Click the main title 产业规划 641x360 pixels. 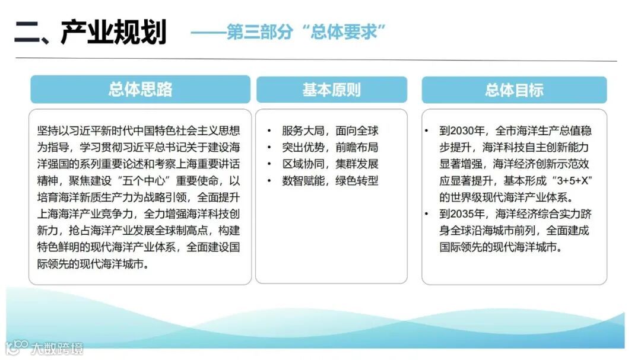pyautogui.click(x=113, y=33)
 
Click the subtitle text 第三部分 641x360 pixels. pyautogui.click(x=260, y=33)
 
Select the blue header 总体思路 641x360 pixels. pyautogui.click(x=140, y=90)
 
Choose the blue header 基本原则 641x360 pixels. pyautogui.click(x=331, y=90)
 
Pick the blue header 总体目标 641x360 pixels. pyautogui.click(x=514, y=90)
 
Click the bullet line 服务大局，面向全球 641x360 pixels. pyautogui.click(x=329, y=131)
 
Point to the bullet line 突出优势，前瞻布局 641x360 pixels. pyautogui.click(x=329, y=148)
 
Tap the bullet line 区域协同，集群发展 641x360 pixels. pyautogui.click(x=329, y=164)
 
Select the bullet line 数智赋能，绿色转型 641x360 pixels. pyautogui.click(x=329, y=181)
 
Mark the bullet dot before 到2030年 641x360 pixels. pyautogui.click(x=427, y=131)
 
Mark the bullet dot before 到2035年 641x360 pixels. pyautogui.click(x=427, y=214)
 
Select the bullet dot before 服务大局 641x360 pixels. pyautogui.click(x=269, y=131)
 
